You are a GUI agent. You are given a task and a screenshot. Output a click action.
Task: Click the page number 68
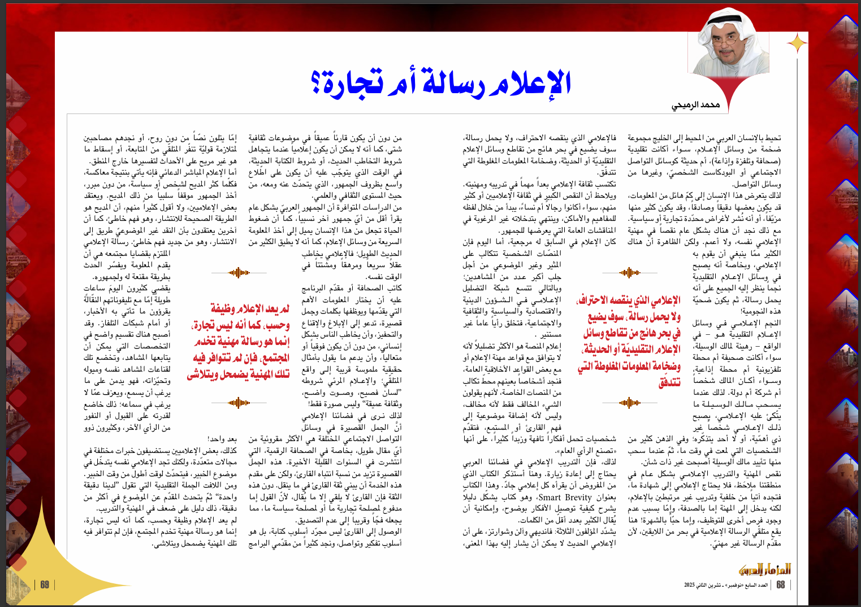(x=781, y=585)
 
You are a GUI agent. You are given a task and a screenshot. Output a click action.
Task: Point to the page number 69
(x=45, y=585)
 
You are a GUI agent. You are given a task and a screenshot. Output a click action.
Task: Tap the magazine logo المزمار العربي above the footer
(x=764, y=569)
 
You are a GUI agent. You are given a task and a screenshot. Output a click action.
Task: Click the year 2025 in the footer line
(x=690, y=585)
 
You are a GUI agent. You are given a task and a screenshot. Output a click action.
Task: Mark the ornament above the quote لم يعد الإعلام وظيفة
(x=239, y=273)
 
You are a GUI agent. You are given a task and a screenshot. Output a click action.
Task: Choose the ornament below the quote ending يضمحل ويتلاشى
(x=239, y=403)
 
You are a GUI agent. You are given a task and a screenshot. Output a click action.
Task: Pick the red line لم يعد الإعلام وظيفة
(x=250, y=308)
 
